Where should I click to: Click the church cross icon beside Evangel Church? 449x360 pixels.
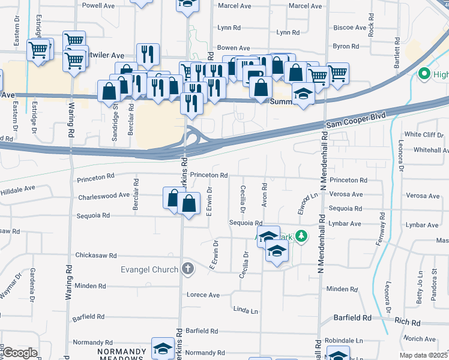(x=188, y=268)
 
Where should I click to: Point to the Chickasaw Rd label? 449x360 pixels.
(x=96, y=256)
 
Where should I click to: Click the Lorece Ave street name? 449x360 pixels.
(x=203, y=295)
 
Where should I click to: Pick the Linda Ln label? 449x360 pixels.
(x=246, y=311)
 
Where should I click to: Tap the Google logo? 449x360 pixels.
(x=20, y=353)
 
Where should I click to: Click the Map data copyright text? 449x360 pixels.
(x=424, y=355)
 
